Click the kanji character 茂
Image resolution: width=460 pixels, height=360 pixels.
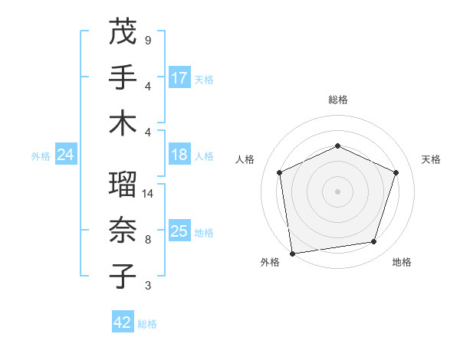pyautogui.click(x=123, y=31)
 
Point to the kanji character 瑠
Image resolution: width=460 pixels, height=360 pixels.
pyautogui.click(x=123, y=185)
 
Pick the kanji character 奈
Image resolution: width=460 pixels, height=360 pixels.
pyautogui.click(x=123, y=231)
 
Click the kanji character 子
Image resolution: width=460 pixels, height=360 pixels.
pyautogui.click(x=123, y=277)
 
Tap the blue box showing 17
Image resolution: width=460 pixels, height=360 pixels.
pyautogui.click(x=179, y=78)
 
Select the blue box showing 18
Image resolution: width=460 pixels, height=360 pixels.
pyautogui.click(x=179, y=155)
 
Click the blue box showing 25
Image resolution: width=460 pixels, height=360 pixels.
pyautogui.click(x=179, y=231)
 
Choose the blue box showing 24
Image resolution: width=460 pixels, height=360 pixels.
pyautogui.click(x=65, y=155)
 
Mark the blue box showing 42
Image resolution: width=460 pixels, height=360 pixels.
pyautogui.click(x=122, y=322)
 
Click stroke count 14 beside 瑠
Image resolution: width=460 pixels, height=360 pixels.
pyautogui.click(x=149, y=194)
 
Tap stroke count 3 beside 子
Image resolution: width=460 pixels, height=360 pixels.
pyautogui.click(x=147, y=286)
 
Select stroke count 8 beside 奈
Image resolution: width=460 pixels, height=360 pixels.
pyautogui.click(x=147, y=240)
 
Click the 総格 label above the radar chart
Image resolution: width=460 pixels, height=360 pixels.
pyautogui.click(x=337, y=100)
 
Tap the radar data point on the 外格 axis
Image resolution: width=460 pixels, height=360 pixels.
pyautogui.click(x=292, y=253)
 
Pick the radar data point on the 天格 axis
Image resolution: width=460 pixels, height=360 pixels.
pyautogui.click(x=396, y=172)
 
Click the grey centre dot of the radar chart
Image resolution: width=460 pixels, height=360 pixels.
pyautogui.click(x=337, y=191)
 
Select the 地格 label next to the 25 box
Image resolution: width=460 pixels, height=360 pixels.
pyautogui.click(x=204, y=232)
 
